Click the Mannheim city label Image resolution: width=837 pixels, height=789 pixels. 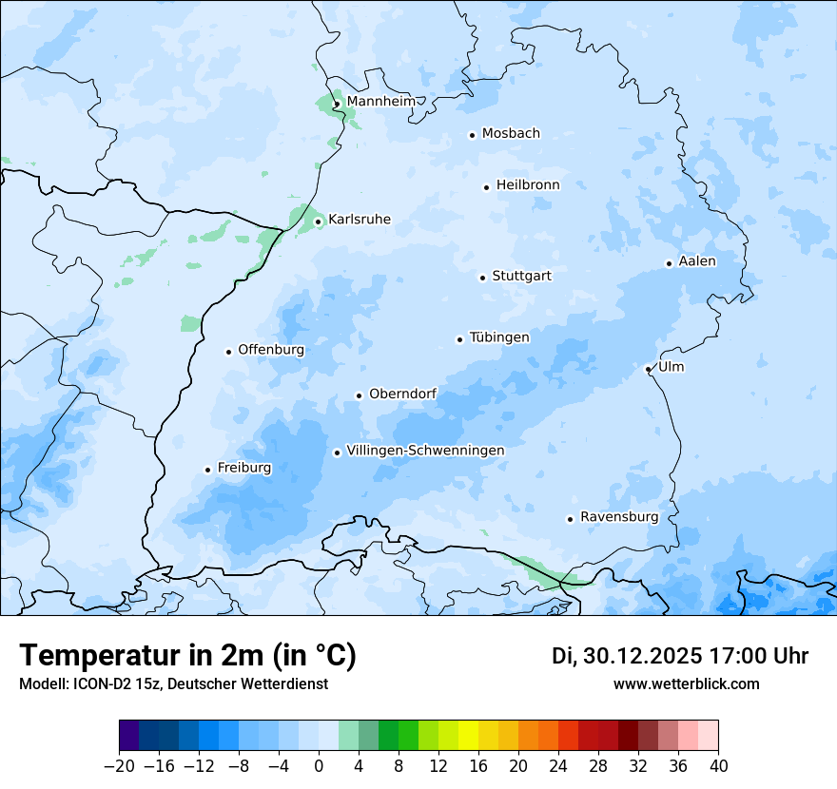pos(380,102)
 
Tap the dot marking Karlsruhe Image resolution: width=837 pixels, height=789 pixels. pos(319,221)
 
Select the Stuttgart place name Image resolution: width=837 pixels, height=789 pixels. pos(521,277)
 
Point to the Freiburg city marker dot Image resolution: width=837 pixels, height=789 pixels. pos(207,470)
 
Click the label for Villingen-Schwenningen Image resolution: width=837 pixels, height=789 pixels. pos(425,451)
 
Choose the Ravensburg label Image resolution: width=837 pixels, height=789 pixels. pos(619,517)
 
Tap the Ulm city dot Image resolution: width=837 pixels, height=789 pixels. pos(648,369)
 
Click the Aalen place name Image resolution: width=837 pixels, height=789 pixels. pos(697,261)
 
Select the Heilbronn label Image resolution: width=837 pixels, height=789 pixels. pos(528,185)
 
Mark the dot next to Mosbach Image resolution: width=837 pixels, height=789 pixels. pos(472,135)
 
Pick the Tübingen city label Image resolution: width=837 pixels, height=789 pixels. pos(499,337)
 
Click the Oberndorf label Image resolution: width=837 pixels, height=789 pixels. pos(402,394)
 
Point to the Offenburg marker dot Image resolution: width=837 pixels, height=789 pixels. pos(228,352)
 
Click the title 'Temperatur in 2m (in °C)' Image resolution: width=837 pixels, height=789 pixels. pos(187,656)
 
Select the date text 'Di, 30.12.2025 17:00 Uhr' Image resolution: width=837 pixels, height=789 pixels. pos(680,656)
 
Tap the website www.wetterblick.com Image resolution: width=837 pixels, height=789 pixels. pos(686,683)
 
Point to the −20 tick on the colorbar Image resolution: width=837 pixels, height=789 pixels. pos(119,766)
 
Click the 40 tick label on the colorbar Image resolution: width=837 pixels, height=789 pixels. pos(718,766)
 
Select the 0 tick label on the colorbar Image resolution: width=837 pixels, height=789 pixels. pos(319,766)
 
